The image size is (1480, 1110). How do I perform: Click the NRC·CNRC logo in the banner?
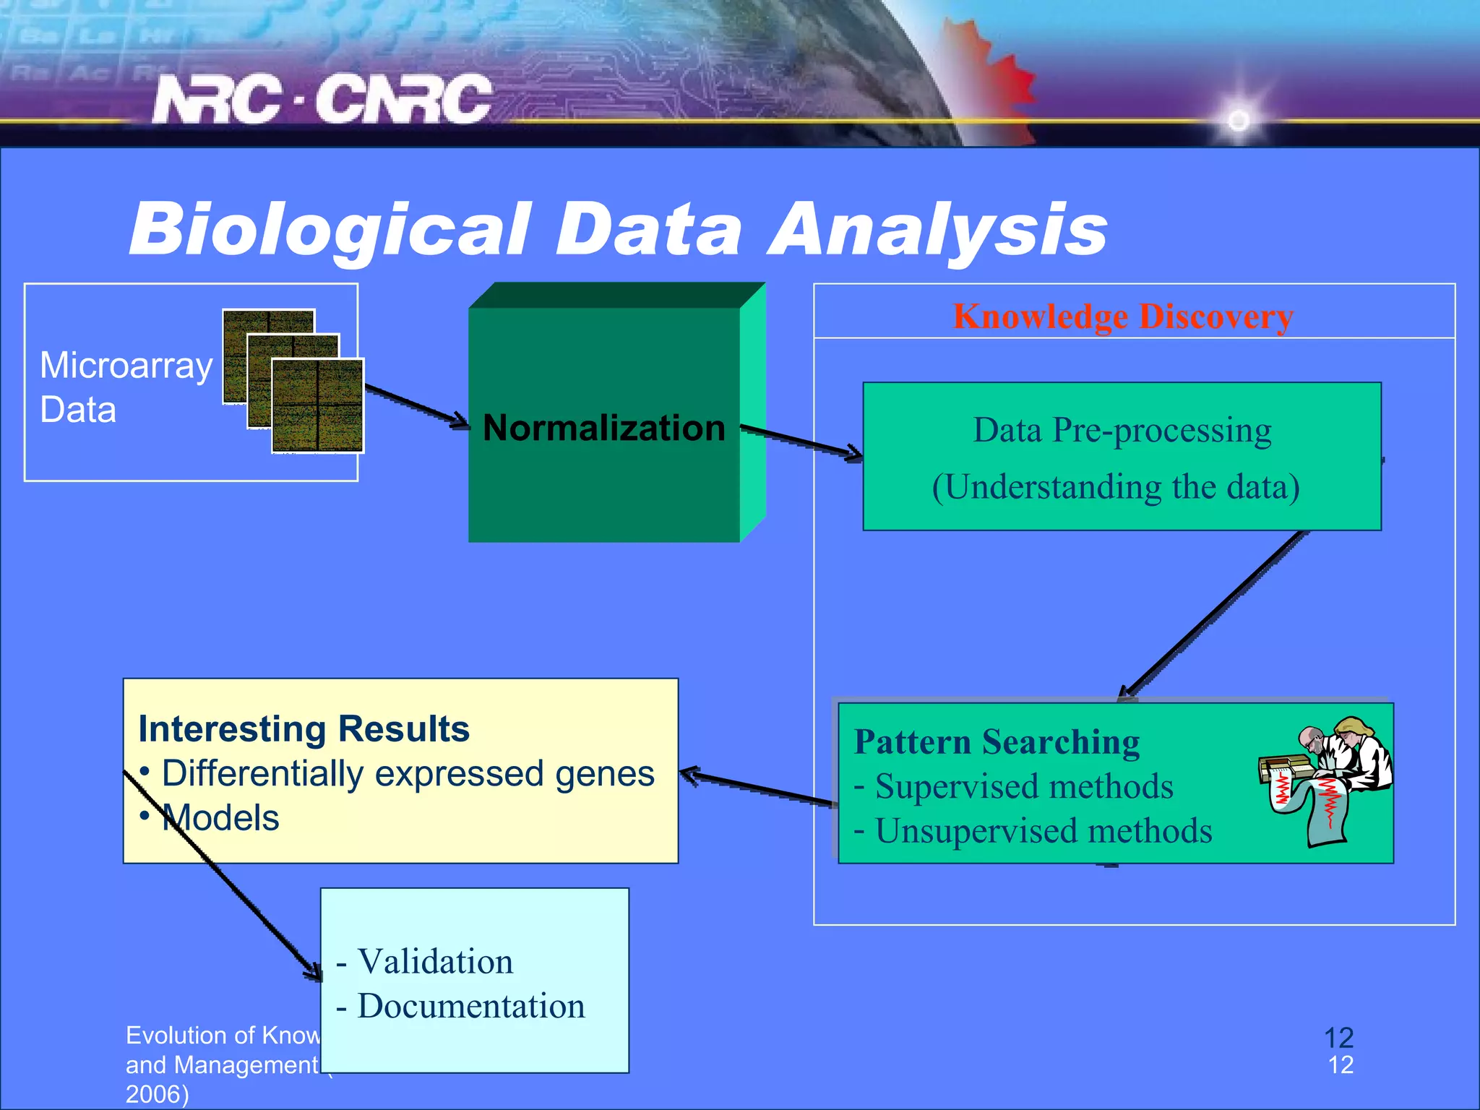point(322,99)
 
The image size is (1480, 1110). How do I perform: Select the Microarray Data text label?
point(126,387)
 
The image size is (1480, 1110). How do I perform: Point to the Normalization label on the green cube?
point(603,427)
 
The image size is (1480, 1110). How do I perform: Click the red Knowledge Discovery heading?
point(1122,317)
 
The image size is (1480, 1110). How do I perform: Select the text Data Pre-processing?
point(1122,430)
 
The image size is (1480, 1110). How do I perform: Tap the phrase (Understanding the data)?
point(1116,486)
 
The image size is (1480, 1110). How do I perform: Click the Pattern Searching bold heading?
point(997,741)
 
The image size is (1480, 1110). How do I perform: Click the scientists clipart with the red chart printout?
point(1326,778)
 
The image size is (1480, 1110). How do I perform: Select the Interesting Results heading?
point(304,728)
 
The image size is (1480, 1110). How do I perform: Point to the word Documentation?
point(470,1006)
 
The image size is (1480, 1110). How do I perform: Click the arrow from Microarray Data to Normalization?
point(416,405)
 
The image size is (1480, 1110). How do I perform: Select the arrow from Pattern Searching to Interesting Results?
point(755,788)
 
